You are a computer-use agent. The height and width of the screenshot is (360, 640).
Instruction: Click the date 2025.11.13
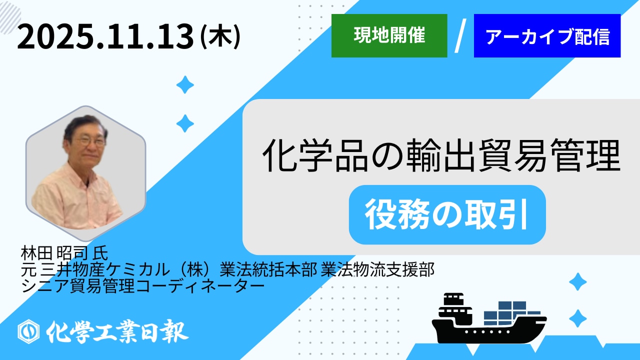[x=105, y=37]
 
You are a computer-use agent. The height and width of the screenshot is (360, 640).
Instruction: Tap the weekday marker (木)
[x=220, y=37]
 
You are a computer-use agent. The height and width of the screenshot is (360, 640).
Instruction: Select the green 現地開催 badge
[x=389, y=35]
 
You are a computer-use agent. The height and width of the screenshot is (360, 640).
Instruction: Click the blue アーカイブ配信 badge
[x=547, y=35]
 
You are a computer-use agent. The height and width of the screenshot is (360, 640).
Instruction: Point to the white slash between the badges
[x=460, y=35]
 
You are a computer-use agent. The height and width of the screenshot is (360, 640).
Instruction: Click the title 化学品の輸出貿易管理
[x=441, y=156]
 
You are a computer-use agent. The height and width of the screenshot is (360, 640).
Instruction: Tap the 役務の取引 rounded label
[x=447, y=214]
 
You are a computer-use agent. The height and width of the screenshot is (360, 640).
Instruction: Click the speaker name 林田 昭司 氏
[x=64, y=253]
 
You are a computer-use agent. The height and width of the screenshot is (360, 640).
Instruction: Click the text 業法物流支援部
[x=377, y=269]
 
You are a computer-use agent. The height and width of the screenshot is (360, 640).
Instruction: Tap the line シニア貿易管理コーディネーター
[x=142, y=285]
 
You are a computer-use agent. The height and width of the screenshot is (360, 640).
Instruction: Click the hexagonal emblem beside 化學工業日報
[x=28, y=331]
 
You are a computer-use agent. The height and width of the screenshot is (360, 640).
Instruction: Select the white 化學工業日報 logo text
[x=117, y=331]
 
